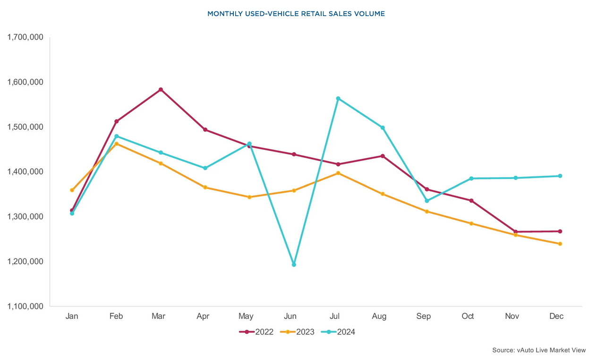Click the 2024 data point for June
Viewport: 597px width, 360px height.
click(294, 265)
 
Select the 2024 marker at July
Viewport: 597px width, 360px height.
click(338, 98)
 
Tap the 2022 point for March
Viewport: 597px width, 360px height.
click(161, 89)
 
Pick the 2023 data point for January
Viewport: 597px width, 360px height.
click(72, 190)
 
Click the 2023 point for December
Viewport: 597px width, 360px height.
click(560, 244)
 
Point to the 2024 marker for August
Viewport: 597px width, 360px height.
click(383, 128)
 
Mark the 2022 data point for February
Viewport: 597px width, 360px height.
click(116, 121)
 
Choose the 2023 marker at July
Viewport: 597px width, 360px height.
click(338, 173)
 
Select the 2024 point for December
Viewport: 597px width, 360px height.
click(560, 176)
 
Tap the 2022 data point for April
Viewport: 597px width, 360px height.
click(205, 129)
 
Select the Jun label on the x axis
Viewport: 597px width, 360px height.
click(290, 316)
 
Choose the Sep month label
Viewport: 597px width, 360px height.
click(423, 316)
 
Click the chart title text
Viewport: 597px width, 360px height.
click(296, 14)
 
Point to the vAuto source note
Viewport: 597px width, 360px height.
click(538, 350)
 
